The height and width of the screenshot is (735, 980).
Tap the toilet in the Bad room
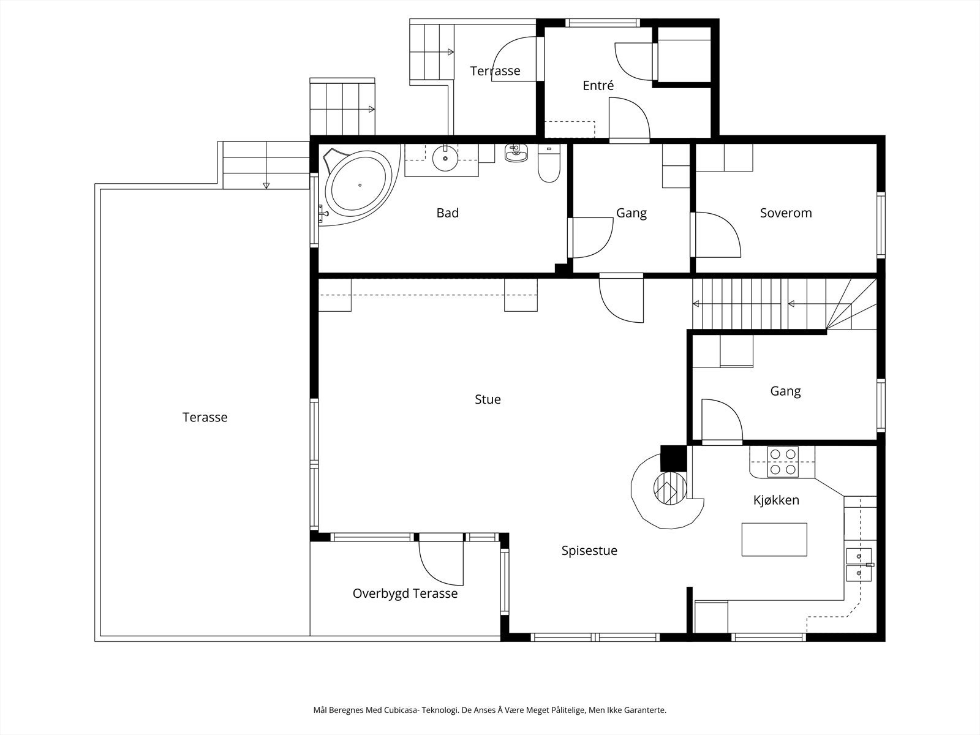pos(549,163)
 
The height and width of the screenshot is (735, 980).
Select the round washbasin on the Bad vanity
pos(445,157)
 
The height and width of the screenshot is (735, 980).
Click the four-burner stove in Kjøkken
pos(783,461)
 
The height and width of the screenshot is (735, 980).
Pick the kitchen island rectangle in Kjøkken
pos(774,540)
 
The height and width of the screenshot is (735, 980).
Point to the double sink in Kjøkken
pos(859,565)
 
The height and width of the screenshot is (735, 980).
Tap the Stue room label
pos(488,399)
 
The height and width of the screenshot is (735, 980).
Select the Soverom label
pos(786,213)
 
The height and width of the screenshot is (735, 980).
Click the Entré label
pos(598,85)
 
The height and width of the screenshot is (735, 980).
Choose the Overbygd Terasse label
pos(405,594)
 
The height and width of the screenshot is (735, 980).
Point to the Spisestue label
pos(589,551)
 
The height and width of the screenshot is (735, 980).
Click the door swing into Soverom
pos(715,235)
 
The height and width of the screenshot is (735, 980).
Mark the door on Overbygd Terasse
pos(441,563)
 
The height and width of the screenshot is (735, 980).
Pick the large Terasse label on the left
pos(205,417)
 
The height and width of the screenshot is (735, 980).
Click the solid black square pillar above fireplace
pos(673,458)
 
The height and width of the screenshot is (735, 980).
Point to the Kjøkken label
pos(776,500)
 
